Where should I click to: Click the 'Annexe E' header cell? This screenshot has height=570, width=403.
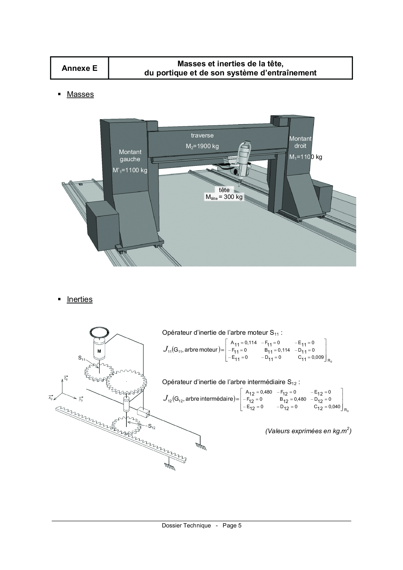(79, 68)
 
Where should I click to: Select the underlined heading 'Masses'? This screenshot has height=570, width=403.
(80, 94)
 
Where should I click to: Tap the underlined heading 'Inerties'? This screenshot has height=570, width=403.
(80, 299)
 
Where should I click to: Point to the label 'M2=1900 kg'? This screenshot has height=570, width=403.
(202, 146)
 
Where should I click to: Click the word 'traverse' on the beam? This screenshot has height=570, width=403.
(202, 135)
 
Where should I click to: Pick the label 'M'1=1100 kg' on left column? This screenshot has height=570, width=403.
(130, 170)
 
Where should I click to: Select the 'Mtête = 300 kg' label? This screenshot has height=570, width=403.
(224, 197)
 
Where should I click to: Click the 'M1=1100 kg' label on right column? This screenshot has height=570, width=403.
(305, 157)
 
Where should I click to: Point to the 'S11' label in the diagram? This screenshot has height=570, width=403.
(82, 358)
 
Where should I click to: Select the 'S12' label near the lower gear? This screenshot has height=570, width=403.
(152, 426)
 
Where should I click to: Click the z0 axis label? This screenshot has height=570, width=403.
(66, 378)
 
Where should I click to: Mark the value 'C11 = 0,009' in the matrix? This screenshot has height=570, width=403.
(311, 358)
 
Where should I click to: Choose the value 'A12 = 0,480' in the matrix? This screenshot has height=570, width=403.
(259, 392)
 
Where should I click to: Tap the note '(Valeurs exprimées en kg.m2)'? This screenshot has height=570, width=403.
(308, 431)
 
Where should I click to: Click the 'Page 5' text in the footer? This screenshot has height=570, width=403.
(232, 525)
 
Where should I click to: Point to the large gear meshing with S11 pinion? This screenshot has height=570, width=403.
(126, 380)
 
